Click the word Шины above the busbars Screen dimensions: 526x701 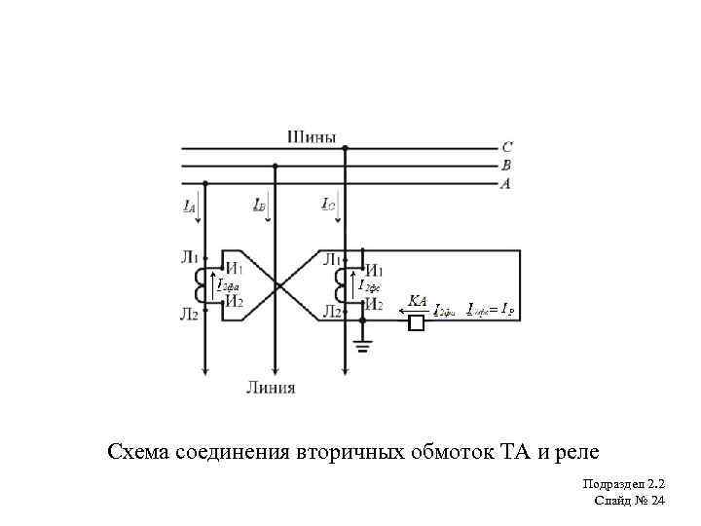click(x=312, y=136)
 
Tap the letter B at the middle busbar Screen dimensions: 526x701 click(x=506, y=166)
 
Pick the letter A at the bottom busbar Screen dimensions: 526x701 click(x=506, y=183)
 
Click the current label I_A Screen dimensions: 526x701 click(x=189, y=207)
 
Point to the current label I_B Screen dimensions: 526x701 click(x=258, y=206)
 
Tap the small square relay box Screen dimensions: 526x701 click(x=417, y=322)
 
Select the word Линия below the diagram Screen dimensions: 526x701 click(x=271, y=388)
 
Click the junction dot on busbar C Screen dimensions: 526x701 click(x=346, y=148)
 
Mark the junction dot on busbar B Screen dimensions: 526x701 click(x=276, y=166)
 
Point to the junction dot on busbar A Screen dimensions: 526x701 click(x=205, y=183)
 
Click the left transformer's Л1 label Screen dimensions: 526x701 click(x=189, y=258)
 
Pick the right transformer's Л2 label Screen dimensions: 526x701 click(x=331, y=313)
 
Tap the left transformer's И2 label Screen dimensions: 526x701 click(x=234, y=302)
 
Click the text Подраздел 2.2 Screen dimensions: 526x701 click(x=623, y=484)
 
